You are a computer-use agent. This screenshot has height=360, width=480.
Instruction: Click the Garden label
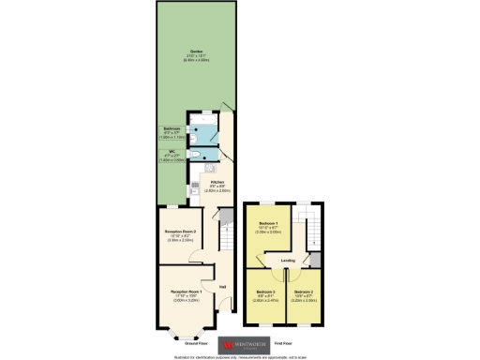click(197, 52)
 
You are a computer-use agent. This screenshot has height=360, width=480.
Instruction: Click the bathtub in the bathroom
click(202, 120)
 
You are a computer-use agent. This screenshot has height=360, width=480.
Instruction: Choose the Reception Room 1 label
click(185, 295)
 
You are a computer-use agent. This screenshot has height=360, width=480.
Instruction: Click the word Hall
click(222, 287)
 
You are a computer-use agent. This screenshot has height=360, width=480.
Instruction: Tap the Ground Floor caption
click(184, 343)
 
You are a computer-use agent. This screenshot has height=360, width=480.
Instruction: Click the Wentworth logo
click(238, 342)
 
